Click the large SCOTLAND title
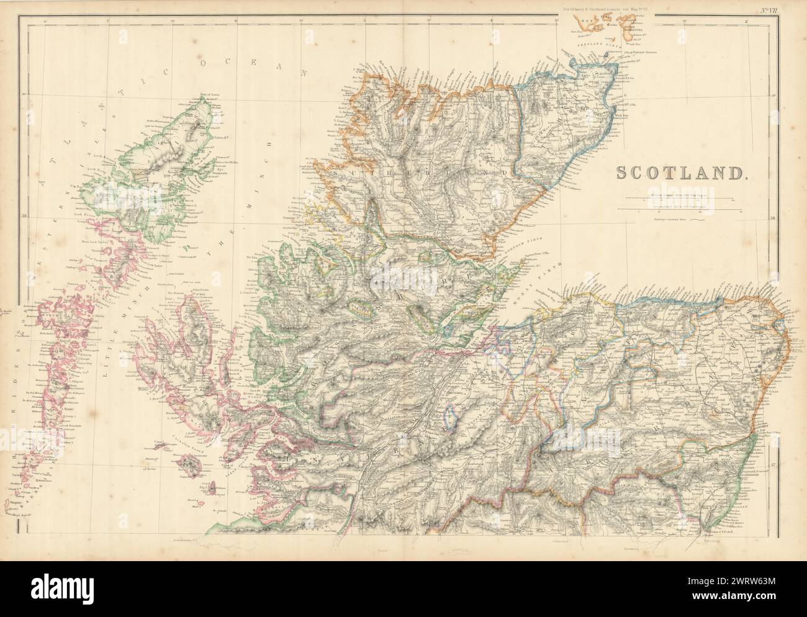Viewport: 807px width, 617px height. coord(679,173)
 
